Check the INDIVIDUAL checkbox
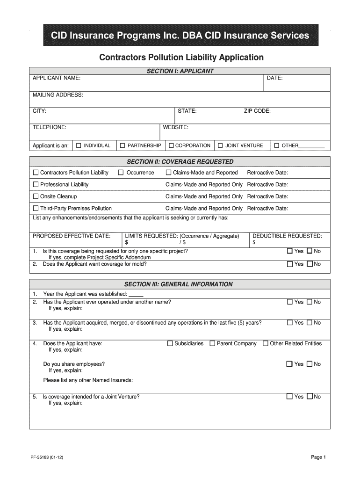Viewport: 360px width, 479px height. [79, 145]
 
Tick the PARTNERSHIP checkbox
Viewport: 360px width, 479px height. [122, 145]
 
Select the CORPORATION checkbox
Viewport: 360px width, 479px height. [171, 145]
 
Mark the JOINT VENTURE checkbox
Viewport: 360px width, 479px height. [220, 145]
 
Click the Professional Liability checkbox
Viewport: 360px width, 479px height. [36, 184]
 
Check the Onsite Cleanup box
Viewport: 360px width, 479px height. [36, 196]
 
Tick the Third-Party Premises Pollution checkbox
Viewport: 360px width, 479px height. [36, 208]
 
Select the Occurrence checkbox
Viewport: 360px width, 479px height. [121, 173]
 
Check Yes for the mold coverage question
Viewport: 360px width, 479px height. [290, 264]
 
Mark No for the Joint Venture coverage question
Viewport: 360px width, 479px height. [309, 397]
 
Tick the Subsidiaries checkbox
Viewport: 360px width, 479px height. [170, 343]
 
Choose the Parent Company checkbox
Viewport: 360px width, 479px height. [212, 343]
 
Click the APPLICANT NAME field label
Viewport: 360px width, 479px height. [56, 78]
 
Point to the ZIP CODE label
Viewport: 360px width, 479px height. [257, 111]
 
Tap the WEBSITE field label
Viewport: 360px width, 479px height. [175, 127]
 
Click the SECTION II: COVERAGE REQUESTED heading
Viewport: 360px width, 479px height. [180, 162]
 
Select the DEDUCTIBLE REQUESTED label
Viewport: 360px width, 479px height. [287, 236]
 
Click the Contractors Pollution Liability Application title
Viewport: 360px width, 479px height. [181, 58]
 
